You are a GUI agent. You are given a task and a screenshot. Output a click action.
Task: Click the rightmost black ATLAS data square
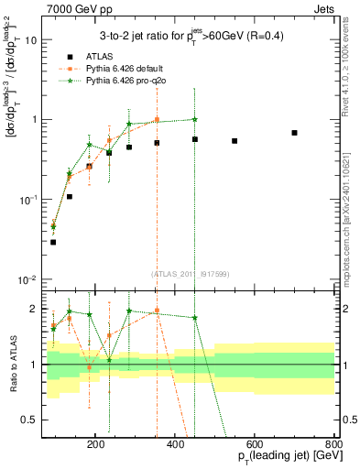tap(294, 133)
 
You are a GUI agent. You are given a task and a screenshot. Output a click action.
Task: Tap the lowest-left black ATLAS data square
tap(53, 242)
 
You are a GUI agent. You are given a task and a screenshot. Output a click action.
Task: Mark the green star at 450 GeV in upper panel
tap(195, 119)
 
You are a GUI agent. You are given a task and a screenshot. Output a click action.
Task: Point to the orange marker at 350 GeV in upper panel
tap(157, 120)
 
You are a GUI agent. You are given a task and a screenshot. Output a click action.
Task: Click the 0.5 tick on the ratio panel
tap(33, 420)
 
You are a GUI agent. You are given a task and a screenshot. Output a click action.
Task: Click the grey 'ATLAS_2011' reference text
tap(191, 272)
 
